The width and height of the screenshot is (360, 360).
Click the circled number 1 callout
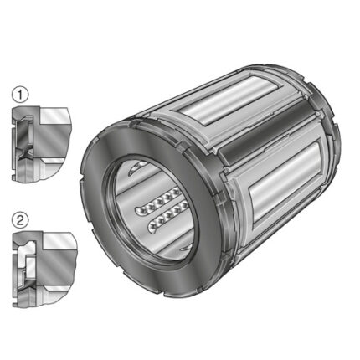[x=20, y=95]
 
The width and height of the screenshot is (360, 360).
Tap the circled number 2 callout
[x=21, y=220]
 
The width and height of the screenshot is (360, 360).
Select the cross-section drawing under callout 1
[x=41, y=143]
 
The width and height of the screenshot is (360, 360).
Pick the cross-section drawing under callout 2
[x=44, y=269]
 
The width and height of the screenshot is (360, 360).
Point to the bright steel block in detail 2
[x=59, y=242]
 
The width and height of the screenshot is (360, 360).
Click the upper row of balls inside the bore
[x=162, y=200]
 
